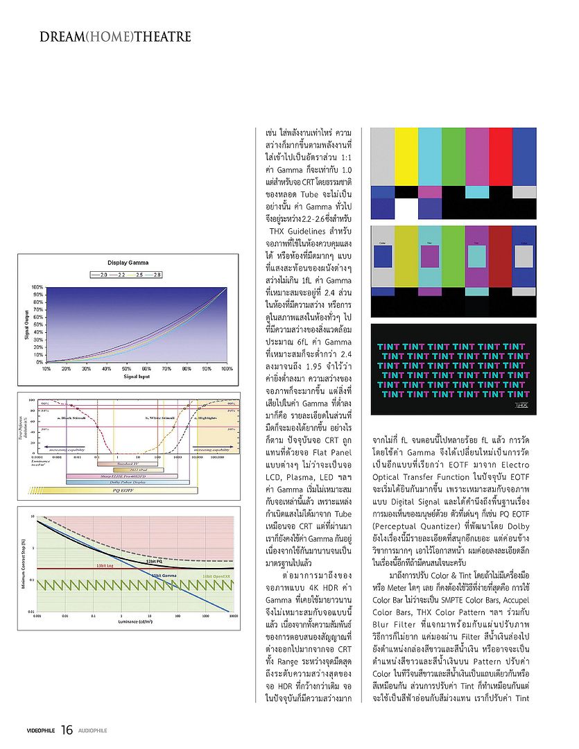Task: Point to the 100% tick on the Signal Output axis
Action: [37, 286]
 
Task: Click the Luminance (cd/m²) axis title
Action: [136, 621]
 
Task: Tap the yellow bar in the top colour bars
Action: [406, 156]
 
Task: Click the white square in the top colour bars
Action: [406, 207]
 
